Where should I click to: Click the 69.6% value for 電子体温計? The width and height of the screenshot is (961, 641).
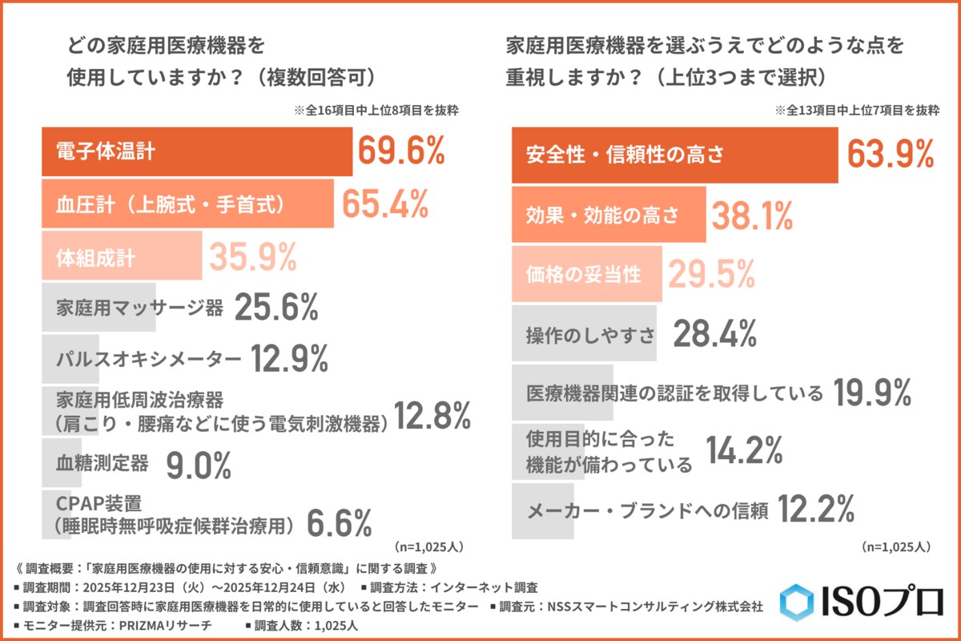[400, 151]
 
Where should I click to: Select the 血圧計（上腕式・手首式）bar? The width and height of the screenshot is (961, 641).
[187, 204]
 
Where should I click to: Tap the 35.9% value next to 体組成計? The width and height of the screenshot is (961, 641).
[253, 257]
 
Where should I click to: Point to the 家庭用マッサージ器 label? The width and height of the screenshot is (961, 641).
[140, 309]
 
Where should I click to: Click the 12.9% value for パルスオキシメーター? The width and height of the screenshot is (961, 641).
[289, 360]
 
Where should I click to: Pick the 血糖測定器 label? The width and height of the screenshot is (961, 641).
[103, 462]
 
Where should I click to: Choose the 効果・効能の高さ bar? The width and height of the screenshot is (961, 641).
[609, 214]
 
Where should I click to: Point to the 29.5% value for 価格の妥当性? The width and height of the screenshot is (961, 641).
[711, 275]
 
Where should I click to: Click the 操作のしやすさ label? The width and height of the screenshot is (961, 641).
[590, 334]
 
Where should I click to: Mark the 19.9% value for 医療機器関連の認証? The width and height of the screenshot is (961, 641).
[871, 392]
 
